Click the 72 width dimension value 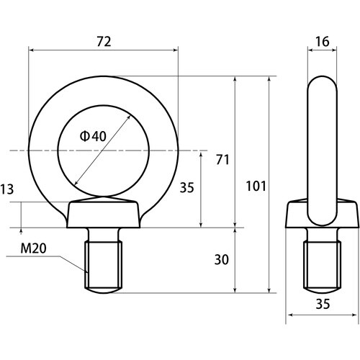(x=104, y=42)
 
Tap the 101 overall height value (x=256, y=186)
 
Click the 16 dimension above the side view (x=322, y=42)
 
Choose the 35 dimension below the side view (x=321, y=305)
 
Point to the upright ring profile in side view (x=322, y=144)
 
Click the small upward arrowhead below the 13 (x=22, y=230)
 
